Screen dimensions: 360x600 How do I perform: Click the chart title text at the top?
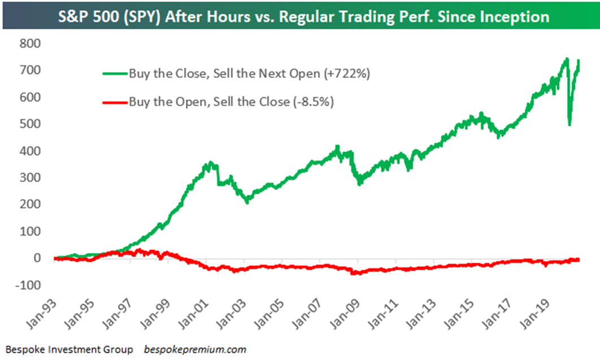(x=304, y=16)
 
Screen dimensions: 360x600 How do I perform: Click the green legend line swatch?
(x=115, y=73)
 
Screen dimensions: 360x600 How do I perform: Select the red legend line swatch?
(x=115, y=102)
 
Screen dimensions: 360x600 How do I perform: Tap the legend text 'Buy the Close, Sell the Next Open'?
(x=231, y=73)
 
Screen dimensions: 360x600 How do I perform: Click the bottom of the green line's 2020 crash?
(x=569, y=125)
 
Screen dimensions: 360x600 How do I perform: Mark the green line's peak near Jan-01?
(x=210, y=163)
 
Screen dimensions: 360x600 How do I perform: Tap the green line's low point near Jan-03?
(x=247, y=202)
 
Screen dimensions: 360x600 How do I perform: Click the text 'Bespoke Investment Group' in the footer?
(x=69, y=349)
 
